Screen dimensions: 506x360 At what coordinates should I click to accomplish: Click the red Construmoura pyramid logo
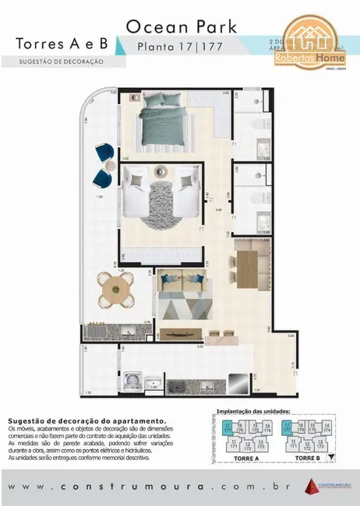pyautogui.click(x=312, y=485)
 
